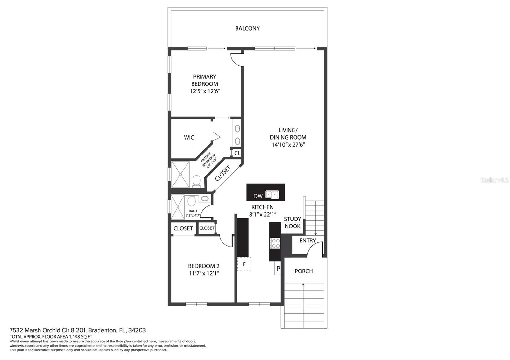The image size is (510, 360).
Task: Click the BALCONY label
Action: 247,28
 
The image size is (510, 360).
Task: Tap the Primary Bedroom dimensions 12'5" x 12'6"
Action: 205,91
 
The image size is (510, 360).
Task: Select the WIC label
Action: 189,137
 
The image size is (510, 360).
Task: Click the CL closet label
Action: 237,153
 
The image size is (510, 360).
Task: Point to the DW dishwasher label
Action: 258,196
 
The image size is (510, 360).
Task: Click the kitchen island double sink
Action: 272,195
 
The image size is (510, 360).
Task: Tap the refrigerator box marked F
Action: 244,264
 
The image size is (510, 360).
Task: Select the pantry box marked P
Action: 278,269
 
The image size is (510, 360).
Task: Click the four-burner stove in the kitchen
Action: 275,243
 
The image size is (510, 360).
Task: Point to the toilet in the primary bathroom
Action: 196,181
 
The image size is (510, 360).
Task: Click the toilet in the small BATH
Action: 192,201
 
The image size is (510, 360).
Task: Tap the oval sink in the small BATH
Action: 205,198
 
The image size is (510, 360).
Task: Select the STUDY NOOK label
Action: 293,223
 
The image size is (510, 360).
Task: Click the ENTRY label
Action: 308,241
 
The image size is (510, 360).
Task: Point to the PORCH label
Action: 304,271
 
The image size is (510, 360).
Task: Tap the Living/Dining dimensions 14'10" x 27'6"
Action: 288,145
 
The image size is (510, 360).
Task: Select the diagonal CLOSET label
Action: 223,173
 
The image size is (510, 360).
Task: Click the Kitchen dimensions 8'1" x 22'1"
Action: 263,214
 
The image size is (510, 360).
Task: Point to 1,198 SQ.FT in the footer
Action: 80,337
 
